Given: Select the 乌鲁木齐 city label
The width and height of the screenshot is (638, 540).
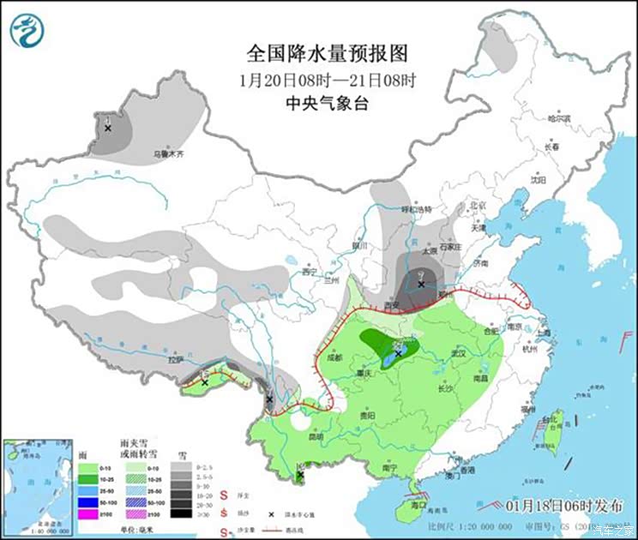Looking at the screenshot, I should [x=169, y=154].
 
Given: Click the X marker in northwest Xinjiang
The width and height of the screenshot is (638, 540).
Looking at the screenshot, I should [x=108, y=129].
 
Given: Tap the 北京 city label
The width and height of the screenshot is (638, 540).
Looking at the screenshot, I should [x=478, y=207].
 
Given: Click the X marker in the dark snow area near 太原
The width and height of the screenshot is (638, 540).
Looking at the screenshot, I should [x=421, y=284].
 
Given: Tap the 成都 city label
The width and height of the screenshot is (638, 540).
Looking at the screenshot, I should [x=334, y=357].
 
